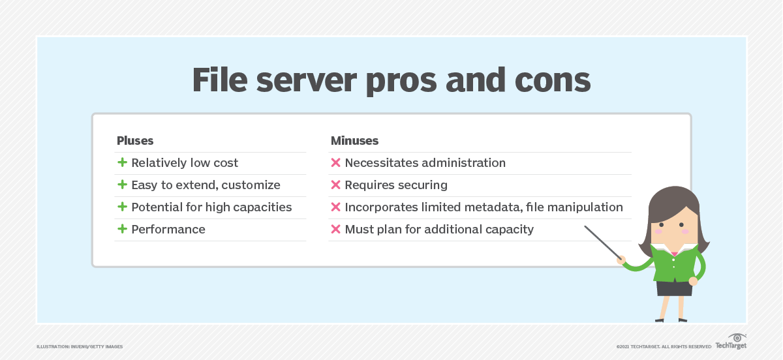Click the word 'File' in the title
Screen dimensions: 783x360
click(220, 80)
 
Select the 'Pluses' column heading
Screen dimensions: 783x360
click(135, 140)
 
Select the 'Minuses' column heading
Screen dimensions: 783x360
click(354, 140)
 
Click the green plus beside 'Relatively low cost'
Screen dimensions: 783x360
click(122, 162)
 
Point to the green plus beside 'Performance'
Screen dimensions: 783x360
click(122, 229)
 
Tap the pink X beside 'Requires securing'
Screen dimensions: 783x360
click(335, 185)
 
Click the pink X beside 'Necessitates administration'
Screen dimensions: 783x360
click(335, 162)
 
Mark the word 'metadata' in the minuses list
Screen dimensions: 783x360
click(493, 207)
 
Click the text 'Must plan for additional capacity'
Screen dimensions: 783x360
click(439, 230)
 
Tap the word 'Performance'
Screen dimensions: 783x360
click(168, 230)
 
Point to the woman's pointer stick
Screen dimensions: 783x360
click(603, 243)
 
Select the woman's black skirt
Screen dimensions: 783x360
click(674, 288)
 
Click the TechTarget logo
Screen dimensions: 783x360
click(731, 342)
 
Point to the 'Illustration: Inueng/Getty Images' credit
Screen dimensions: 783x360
click(80, 347)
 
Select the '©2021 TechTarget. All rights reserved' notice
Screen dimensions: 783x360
click(664, 347)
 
